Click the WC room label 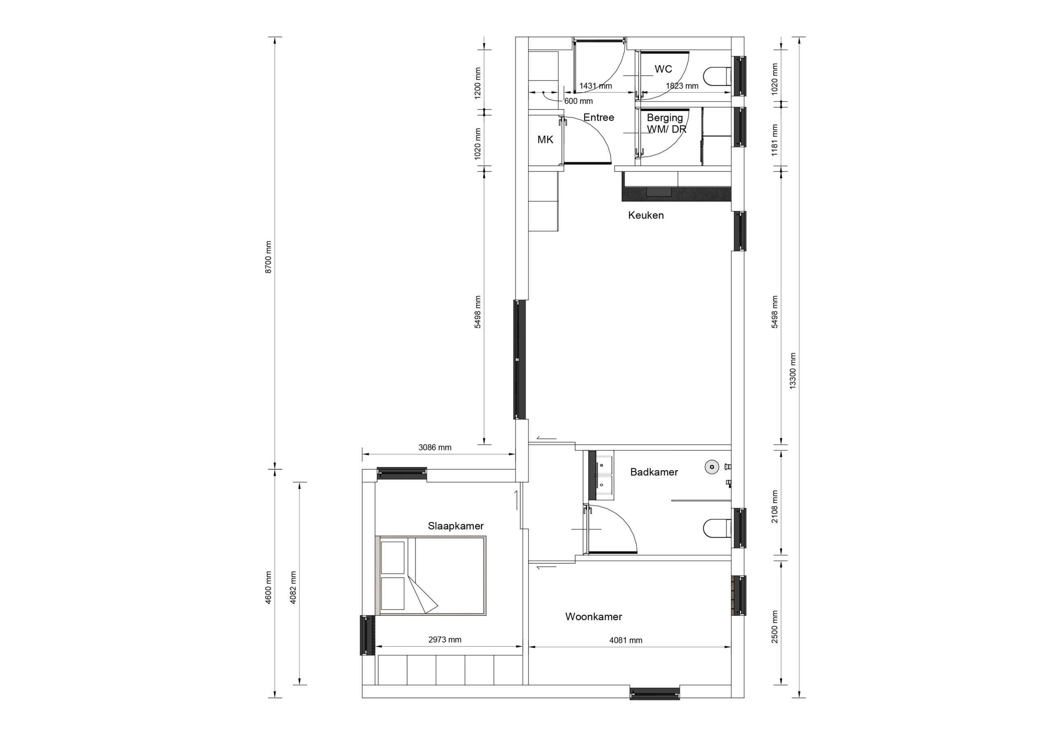pyautogui.click(x=663, y=69)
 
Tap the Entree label pyautogui.click(x=598, y=117)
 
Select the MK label pyautogui.click(x=545, y=139)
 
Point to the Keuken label pyautogui.click(x=646, y=215)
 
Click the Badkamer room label pyautogui.click(x=654, y=472)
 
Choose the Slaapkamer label pyautogui.click(x=456, y=526)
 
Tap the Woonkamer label pyautogui.click(x=593, y=616)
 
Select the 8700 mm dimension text pyautogui.click(x=268, y=257)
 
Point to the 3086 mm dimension pyautogui.click(x=435, y=447)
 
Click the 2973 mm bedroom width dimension pyautogui.click(x=445, y=640)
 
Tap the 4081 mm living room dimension pyautogui.click(x=626, y=640)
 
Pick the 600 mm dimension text pyautogui.click(x=578, y=102)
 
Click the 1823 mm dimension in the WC pyautogui.click(x=682, y=86)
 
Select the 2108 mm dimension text pyautogui.click(x=775, y=506)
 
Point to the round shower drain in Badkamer pyautogui.click(x=712, y=466)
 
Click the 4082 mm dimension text pyautogui.click(x=293, y=588)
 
